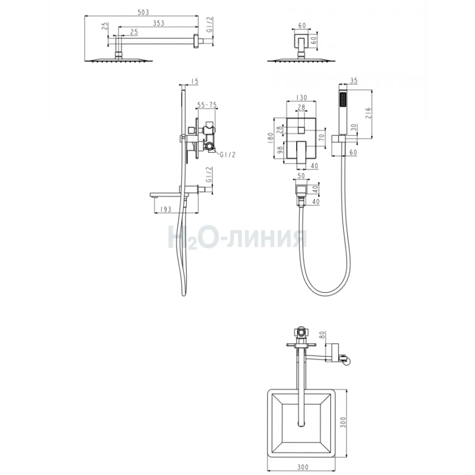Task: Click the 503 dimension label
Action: tap(143, 12)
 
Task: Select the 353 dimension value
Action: tap(158, 23)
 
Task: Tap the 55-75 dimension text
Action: tap(207, 105)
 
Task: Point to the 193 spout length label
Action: tap(165, 209)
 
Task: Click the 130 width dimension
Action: tap(302, 98)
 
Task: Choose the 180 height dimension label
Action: tap(270, 138)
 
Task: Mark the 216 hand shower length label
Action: tap(368, 113)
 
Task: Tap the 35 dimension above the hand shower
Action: tap(354, 81)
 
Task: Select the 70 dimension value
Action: tap(321, 137)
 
